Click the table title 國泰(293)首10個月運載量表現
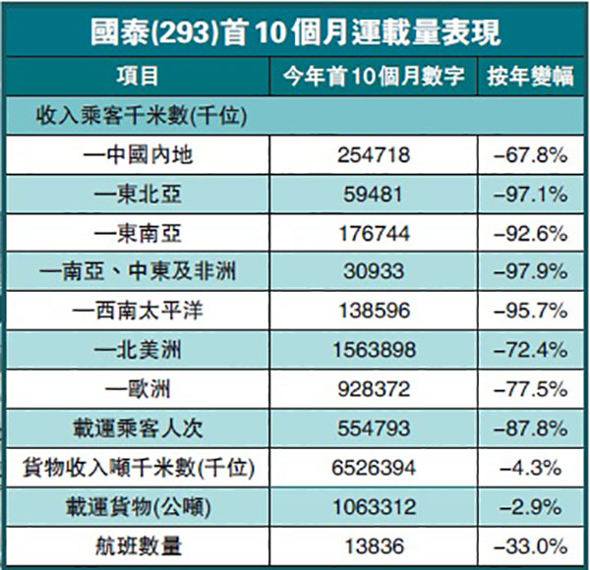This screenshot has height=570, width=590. pos(294,33)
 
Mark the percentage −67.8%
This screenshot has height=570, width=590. pos(531,154)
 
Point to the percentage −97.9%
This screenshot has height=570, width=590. pos(531,272)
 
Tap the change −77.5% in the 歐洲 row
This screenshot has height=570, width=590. pos(531,390)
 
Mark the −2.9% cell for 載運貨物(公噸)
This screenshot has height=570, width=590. pos(531,508)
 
